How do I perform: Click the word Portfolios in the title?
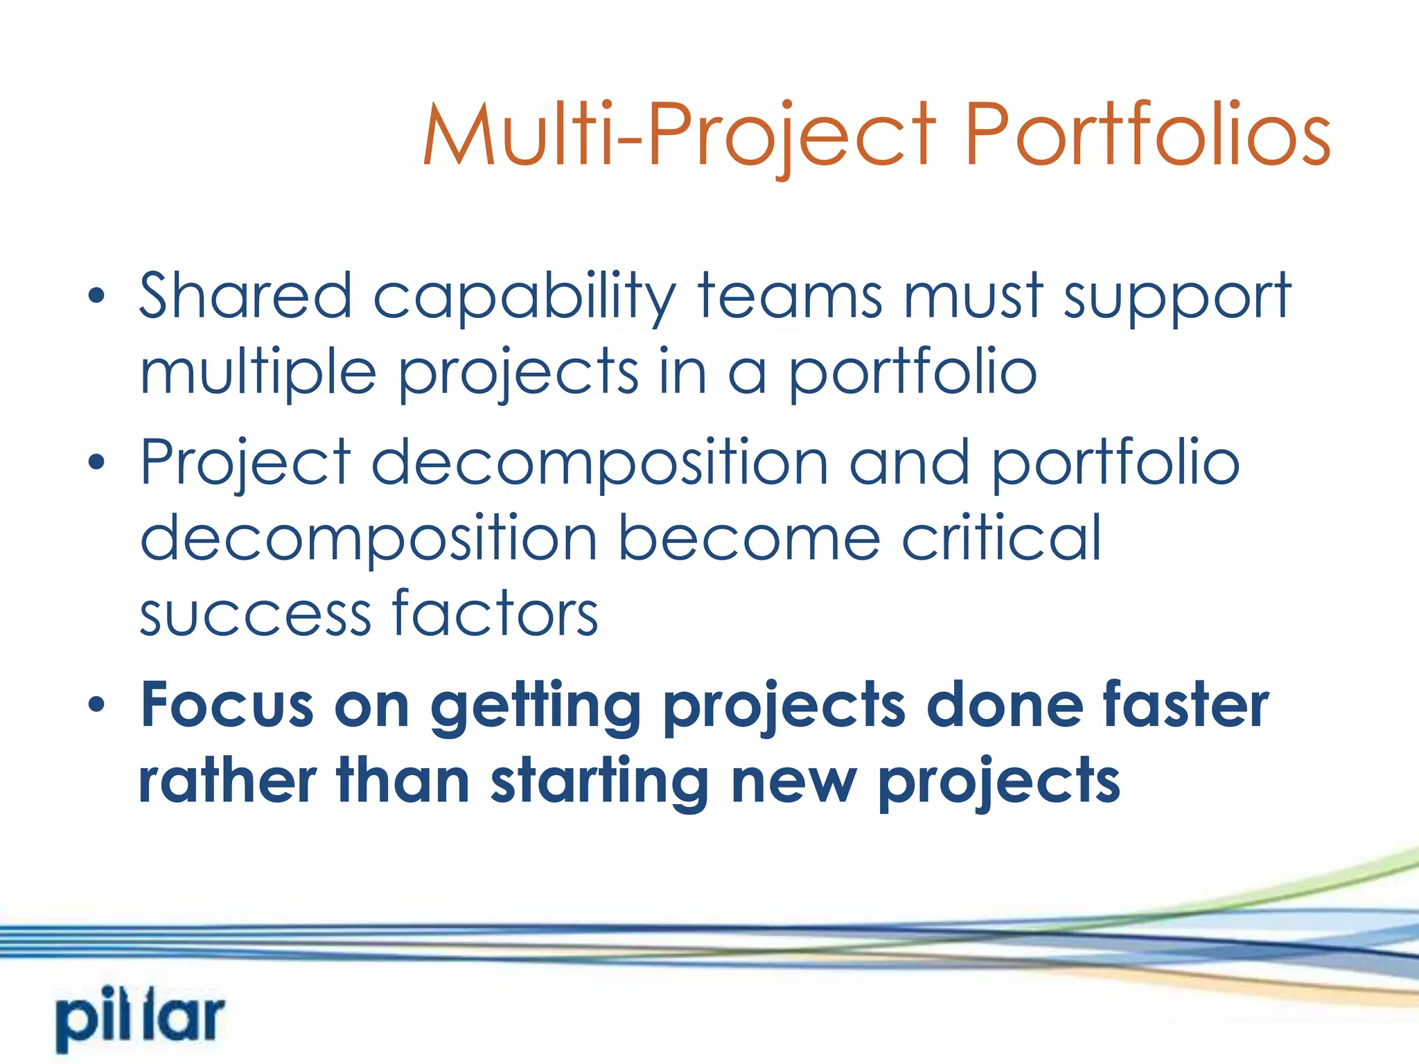tap(1147, 135)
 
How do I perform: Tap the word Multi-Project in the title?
tap(679, 135)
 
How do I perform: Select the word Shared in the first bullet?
tap(245, 296)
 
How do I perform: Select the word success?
tap(255, 615)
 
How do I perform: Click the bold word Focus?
tap(227, 705)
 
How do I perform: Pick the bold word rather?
tap(227, 781)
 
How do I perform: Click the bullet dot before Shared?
tap(96, 296)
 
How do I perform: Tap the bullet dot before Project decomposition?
tap(96, 461)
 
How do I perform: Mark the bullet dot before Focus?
tap(96, 705)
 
